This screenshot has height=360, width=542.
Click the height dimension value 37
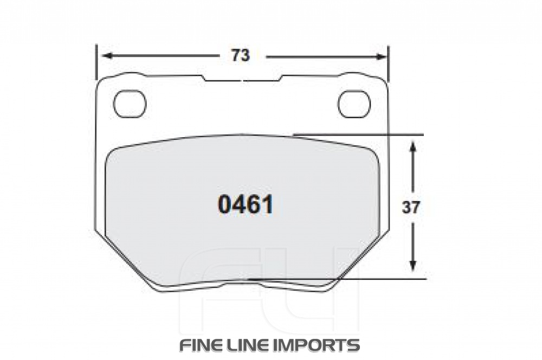click(x=411, y=207)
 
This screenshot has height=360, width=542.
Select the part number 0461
click(x=245, y=205)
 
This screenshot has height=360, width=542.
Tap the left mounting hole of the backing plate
click(x=130, y=103)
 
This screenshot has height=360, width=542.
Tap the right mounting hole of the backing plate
click(x=354, y=103)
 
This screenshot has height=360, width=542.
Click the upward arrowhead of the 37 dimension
click(x=413, y=146)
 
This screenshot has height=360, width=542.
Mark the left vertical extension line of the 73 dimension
click(x=96, y=62)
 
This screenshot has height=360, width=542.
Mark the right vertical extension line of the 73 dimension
click(x=389, y=62)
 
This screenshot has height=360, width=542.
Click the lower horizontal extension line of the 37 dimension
click(x=379, y=279)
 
